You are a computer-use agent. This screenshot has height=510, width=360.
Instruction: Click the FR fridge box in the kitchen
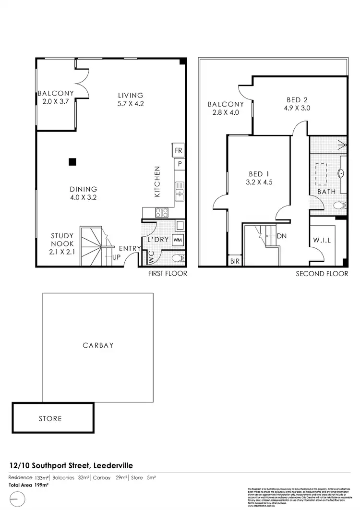click(x=179, y=150)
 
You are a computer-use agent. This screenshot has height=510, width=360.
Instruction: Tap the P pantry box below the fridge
click(x=179, y=164)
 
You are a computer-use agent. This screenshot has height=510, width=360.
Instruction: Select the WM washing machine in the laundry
click(x=177, y=239)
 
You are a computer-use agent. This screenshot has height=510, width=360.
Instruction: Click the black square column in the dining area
click(x=72, y=162)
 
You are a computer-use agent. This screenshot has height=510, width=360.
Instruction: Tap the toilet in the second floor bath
click(x=340, y=206)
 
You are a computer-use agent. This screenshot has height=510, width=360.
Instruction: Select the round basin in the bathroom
click(x=341, y=173)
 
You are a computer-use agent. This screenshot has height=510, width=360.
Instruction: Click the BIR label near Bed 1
click(x=235, y=261)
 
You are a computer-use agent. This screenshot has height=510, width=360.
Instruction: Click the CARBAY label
click(x=98, y=345)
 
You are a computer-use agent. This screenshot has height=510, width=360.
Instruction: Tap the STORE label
click(x=50, y=418)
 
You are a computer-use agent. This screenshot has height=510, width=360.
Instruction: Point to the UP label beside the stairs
click(x=116, y=257)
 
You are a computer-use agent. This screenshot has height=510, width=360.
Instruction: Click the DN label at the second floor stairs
click(x=282, y=236)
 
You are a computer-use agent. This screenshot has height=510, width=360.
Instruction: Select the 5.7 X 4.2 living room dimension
click(x=130, y=104)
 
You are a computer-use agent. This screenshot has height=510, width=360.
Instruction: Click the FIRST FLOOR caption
click(x=168, y=273)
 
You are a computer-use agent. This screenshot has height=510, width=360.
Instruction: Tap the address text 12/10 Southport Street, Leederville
click(x=72, y=465)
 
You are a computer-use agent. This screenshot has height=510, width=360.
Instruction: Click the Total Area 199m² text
click(x=29, y=485)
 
